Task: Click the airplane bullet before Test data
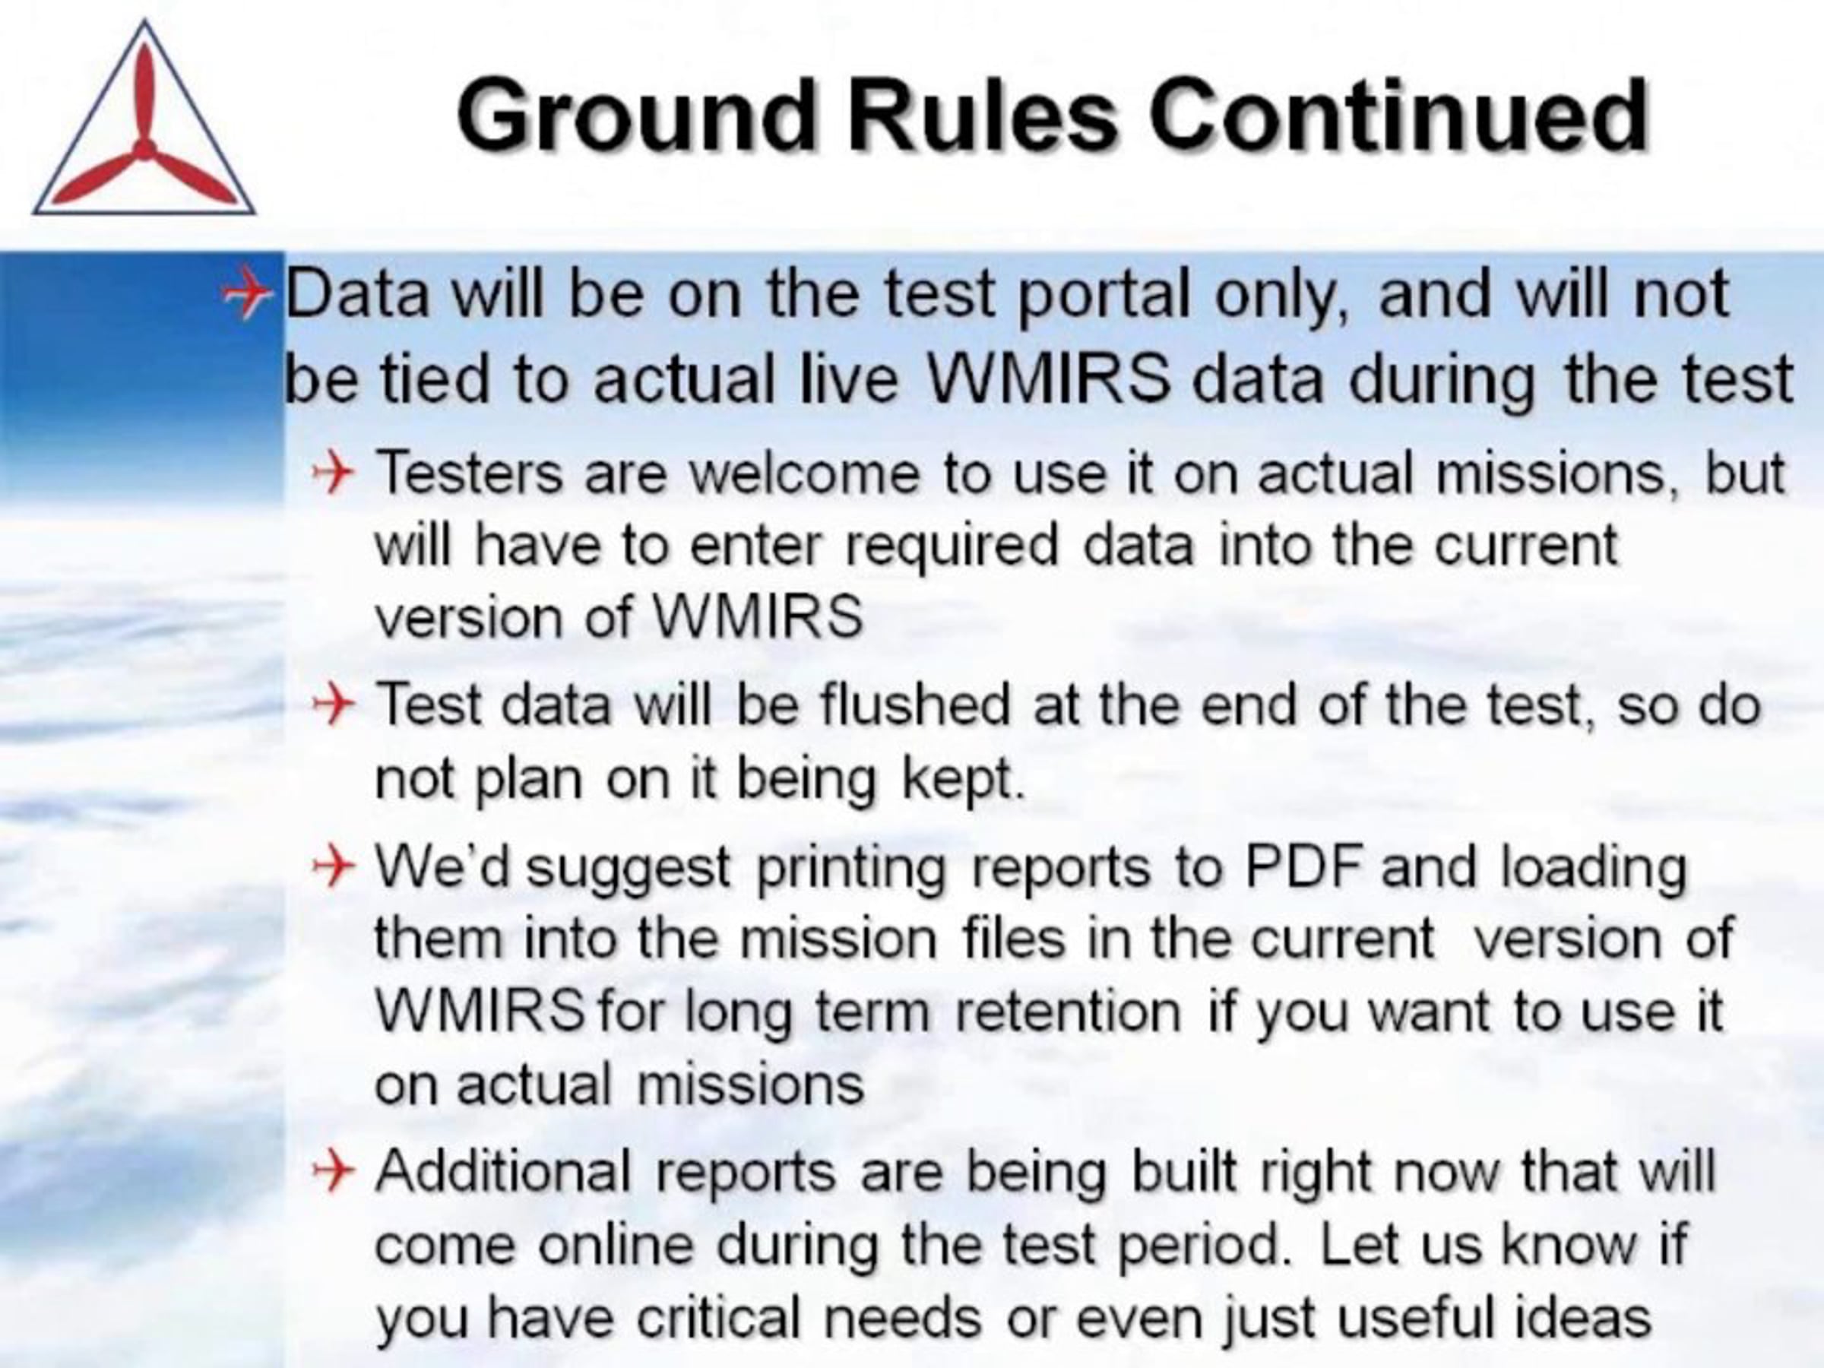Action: tap(333, 706)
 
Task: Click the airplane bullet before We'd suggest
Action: tap(333, 867)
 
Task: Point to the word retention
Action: tap(1068, 1011)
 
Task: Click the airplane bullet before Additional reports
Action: tap(333, 1171)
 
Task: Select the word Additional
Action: tap(504, 1171)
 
